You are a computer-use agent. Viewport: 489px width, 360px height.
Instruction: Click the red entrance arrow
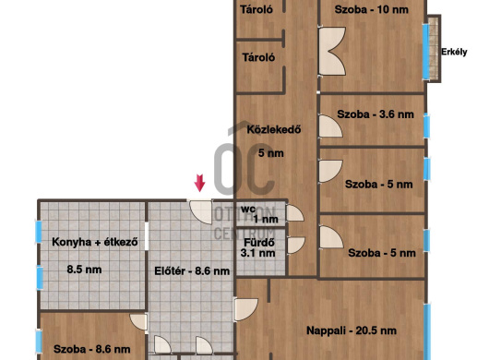(199, 183)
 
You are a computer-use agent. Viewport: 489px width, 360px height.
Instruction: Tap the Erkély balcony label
(454, 52)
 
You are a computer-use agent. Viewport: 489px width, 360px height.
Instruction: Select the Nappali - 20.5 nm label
(352, 330)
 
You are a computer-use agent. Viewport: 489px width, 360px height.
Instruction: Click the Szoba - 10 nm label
(372, 9)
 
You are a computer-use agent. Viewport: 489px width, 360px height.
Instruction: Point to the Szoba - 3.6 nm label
(376, 114)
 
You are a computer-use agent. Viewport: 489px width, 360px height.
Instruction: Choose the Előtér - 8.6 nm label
(192, 270)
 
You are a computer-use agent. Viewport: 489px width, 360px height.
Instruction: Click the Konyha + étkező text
(95, 242)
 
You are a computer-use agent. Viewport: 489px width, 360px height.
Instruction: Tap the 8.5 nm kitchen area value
(84, 270)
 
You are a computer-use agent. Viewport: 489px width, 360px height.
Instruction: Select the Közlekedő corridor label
(274, 129)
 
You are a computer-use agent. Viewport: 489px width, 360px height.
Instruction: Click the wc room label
(248, 209)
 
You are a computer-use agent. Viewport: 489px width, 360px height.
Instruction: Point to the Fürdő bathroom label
(259, 243)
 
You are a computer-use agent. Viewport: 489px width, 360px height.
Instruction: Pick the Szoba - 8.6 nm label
(92, 349)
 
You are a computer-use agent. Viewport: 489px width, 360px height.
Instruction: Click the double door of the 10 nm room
(332, 51)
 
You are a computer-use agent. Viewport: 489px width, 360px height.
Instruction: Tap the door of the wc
(294, 213)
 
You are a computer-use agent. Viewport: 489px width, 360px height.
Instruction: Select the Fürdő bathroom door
(295, 246)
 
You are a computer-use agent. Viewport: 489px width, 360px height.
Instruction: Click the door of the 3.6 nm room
(330, 126)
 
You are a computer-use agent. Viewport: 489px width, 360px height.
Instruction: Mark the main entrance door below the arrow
(201, 211)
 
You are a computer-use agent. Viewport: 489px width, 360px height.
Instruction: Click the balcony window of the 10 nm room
(425, 51)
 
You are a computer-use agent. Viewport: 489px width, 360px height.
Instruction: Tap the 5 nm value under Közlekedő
(271, 153)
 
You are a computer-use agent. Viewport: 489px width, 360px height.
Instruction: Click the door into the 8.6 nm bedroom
(138, 322)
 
